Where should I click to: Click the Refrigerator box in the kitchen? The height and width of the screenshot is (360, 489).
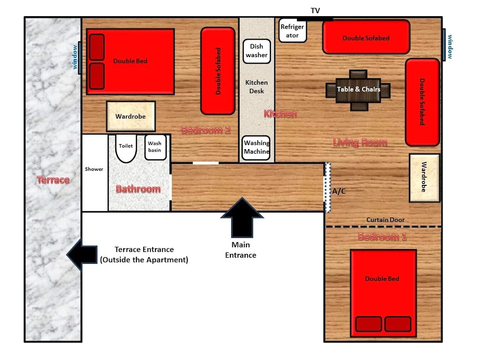tap(292, 30)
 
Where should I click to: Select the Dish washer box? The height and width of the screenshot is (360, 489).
tap(256, 51)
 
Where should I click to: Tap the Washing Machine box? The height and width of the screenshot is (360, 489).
tap(256, 148)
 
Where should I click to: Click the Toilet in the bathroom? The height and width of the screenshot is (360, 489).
tap(126, 148)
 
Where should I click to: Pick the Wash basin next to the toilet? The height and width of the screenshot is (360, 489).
tap(155, 147)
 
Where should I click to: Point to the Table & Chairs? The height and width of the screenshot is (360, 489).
tap(358, 90)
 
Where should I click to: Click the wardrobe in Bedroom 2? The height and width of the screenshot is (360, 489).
tap(131, 116)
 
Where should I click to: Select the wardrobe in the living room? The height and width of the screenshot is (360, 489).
tap(424, 178)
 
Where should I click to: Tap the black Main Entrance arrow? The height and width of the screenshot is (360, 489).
tap(242, 218)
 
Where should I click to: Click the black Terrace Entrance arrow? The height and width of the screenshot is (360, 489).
tap(82, 254)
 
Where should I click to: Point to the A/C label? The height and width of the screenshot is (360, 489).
tap(339, 191)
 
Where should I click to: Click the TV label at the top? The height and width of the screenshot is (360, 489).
tap(315, 11)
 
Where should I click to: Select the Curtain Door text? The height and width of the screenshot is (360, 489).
tap(385, 220)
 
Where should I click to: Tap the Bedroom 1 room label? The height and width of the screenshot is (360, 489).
tap(382, 237)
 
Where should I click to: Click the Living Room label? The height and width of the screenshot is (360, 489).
tap(360, 142)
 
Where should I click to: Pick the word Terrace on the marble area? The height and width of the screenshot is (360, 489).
tap(53, 180)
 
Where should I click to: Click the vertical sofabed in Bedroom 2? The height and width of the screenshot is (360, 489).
tap(218, 71)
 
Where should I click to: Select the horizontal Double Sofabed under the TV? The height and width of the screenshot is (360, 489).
tap(366, 37)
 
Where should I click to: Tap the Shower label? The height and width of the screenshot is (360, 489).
tap(94, 169)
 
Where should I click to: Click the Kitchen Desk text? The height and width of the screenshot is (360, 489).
tap(256, 87)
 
